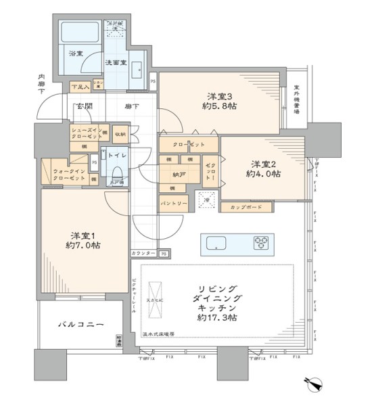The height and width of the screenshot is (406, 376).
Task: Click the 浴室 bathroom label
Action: [x=74, y=52]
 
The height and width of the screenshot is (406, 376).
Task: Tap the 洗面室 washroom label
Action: [x=113, y=62]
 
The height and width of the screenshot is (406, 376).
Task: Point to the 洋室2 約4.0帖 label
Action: [x=266, y=168]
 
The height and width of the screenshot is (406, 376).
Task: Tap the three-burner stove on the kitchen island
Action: [x=261, y=242]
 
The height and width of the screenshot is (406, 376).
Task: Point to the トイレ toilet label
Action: [x=116, y=155]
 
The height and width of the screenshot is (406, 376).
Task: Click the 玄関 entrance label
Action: [x=83, y=106]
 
